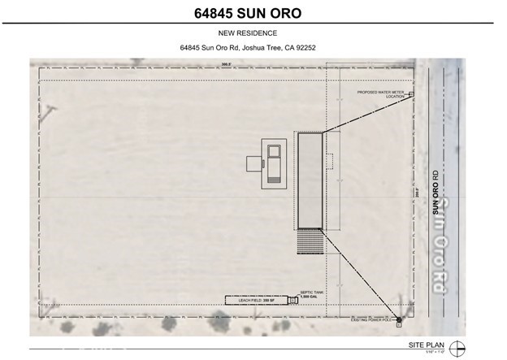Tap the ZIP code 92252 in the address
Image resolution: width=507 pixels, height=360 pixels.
click(x=305, y=48)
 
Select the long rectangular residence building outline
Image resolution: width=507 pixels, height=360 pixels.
click(x=310, y=180)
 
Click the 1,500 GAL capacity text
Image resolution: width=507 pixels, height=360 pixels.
click(x=311, y=297)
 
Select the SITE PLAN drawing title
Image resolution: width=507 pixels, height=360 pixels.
click(x=433, y=344)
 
